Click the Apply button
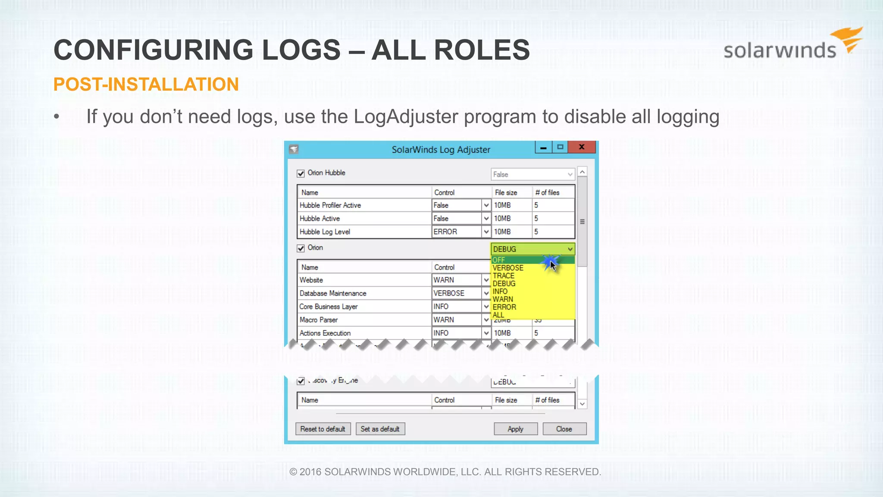click(x=515, y=429)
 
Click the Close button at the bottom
click(x=564, y=429)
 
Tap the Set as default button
click(x=380, y=429)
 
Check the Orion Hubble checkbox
click(x=301, y=173)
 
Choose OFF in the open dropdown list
click(x=498, y=260)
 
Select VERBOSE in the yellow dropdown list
click(x=508, y=268)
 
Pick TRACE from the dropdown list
click(x=504, y=276)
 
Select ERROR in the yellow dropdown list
click(x=504, y=307)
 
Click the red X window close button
click(x=582, y=147)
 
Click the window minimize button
click(x=543, y=148)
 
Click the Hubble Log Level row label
click(x=325, y=232)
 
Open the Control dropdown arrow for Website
click(x=486, y=280)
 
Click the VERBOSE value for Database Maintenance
click(x=449, y=293)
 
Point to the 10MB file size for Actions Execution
click(x=502, y=333)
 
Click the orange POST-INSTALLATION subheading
click(x=146, y=85)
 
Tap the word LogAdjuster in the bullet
click(x=406, y=117)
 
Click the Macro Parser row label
click(x=319, y=320)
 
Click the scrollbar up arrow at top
click(x=582, y=172)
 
